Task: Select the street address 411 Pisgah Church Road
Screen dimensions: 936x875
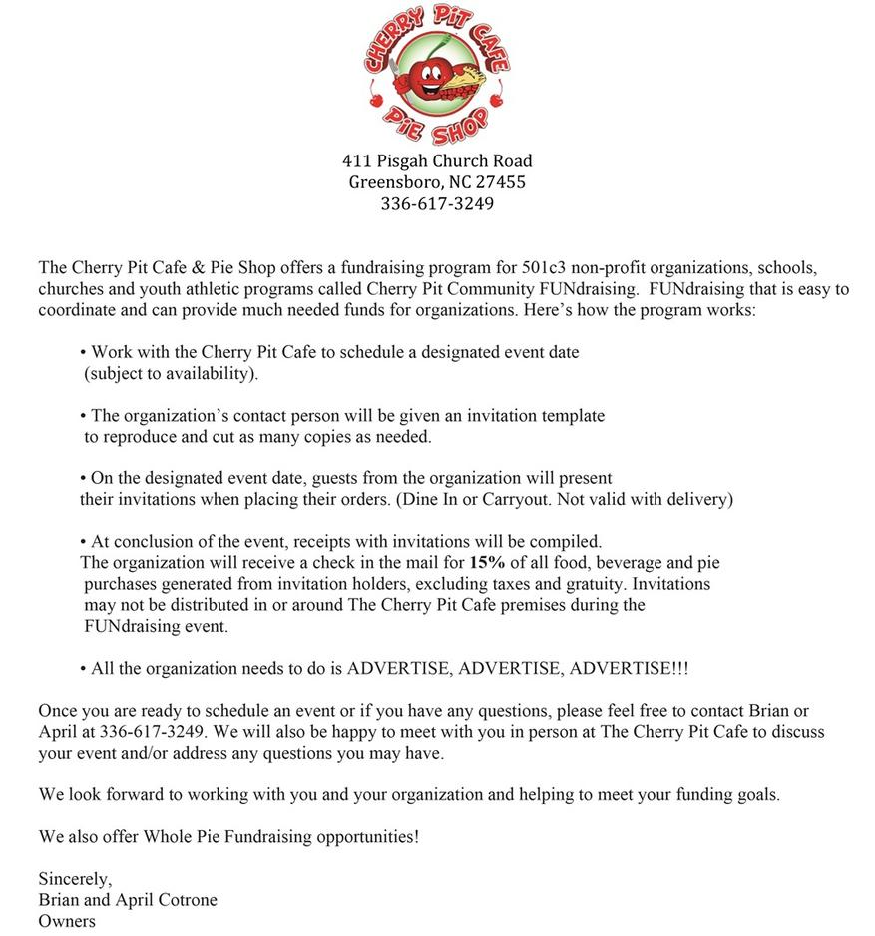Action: [437, 160]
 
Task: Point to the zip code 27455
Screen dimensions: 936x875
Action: [502, 182]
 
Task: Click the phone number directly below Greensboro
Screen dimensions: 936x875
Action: [437, 204]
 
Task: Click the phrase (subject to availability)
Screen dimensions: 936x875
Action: [170, 374]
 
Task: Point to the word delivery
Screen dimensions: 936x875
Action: [698, 499]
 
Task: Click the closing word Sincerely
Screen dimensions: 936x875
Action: [75, 879]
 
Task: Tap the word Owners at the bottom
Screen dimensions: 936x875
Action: [67, 921]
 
